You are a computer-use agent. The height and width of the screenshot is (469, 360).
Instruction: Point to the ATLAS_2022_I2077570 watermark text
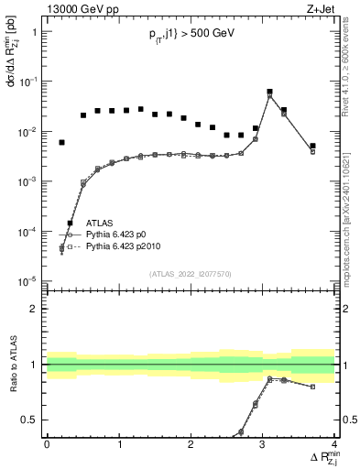tap(191, 274)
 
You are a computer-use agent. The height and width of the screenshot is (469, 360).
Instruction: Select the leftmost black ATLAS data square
tap(62, 143)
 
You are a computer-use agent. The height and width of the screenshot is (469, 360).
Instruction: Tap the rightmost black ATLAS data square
tap(312, 146)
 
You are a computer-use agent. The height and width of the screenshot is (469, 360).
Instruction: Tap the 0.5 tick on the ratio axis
tap(32, 420)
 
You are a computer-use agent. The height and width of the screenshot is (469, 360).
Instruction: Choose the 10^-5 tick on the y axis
tap(30, 281)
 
